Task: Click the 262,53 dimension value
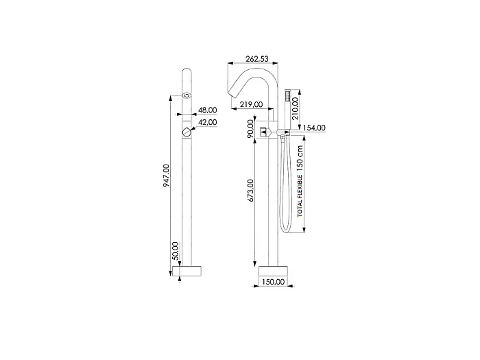[257, 58]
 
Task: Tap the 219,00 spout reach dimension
[252, 104]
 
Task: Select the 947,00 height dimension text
[166, 176]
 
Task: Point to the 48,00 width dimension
[208, 110]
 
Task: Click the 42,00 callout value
[208, 122]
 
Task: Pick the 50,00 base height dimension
[175, 251]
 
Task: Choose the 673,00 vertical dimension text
[251, 191]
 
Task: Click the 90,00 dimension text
[251, 128]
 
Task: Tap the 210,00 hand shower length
[295, 108]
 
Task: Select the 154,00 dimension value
[314, 128]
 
